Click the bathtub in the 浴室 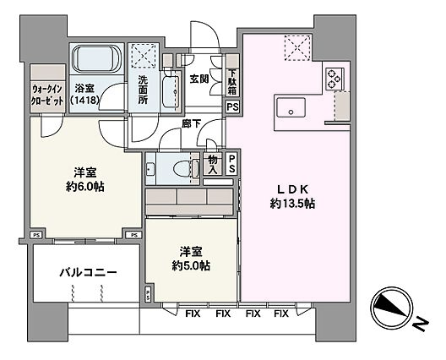96,59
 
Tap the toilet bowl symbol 183,169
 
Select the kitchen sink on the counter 291,107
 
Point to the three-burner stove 334,79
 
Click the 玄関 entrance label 199,79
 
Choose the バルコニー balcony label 89,273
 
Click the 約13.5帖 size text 292,204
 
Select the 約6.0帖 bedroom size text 85,187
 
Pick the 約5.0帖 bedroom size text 191,266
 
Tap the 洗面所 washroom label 143,90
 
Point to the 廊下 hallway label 191,123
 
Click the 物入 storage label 213,165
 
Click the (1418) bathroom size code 84,100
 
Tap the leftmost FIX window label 193,314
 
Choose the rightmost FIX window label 281,314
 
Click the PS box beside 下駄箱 232,107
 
